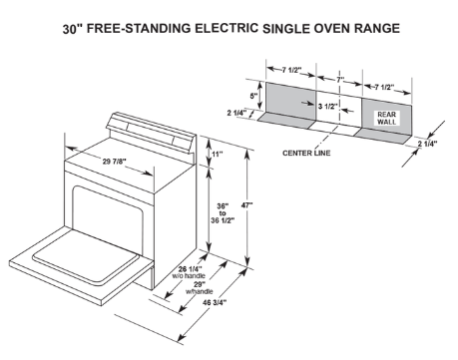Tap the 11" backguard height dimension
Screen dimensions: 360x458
pos(218,155)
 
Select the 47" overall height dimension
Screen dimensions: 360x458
pos(246,205)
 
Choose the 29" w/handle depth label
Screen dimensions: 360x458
pos(208,287)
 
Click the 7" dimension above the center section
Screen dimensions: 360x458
pos(338,77)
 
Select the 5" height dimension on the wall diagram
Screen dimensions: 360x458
pos(255,98)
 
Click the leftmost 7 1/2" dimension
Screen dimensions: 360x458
pos(291,68)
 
